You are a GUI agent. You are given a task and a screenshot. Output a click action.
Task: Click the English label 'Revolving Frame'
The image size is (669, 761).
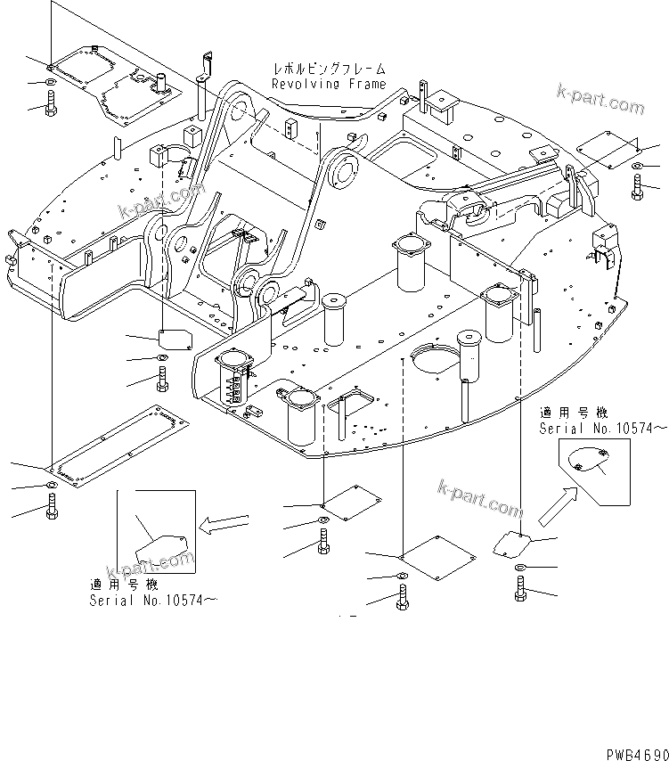(329, 85)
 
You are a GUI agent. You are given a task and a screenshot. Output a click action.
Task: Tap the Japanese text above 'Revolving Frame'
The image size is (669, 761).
(329, 69)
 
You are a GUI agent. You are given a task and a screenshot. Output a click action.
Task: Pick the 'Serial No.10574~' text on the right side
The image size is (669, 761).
(602, 429)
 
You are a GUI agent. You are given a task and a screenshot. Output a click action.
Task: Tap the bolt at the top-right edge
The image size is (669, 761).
(638, 187)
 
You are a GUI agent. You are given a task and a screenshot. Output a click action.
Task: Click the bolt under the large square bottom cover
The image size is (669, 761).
(404, 597)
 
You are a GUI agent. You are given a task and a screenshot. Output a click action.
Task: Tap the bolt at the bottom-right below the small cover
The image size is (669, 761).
(520, 589)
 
